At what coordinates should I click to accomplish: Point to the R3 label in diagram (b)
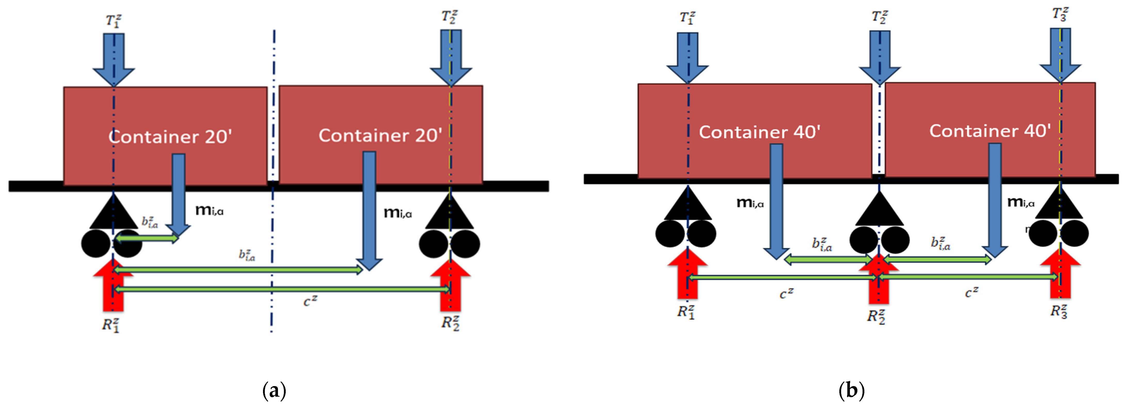click(x=1059, y=311)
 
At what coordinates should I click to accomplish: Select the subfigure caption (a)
click(x=274, y=390)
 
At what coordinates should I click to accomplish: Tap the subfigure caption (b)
click(x=851, y=390)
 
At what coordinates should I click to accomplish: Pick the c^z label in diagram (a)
click(x=310, y=301)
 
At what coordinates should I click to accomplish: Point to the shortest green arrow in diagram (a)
click(x=147, y=238)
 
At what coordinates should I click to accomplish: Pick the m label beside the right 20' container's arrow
click(x=397, y=213)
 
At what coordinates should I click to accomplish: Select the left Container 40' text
click(x=760, y=132)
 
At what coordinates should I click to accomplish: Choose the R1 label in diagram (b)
click(x=685, y=312)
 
